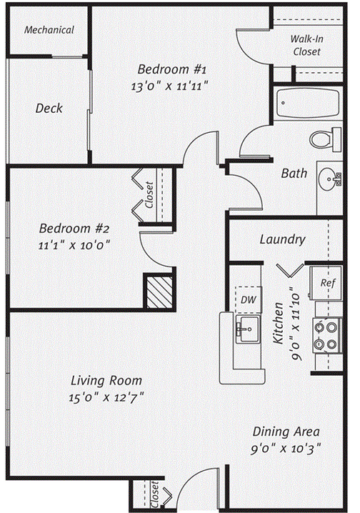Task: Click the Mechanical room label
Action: pos(49,30)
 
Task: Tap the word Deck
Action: pos(49,109)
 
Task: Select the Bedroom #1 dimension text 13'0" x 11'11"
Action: pos(170,86)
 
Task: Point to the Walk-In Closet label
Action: pos(306,45)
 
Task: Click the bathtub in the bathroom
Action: pos(308,103)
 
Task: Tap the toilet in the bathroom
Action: pos(325,139)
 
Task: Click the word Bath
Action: pos(294,173)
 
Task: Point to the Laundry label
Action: pos(283,239)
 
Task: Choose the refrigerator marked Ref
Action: pos(326,283)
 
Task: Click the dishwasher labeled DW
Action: pos(249,299)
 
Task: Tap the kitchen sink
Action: pos(248,329)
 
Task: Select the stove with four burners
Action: pos(327,335)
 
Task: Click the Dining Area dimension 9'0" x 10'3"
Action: pos(286,449)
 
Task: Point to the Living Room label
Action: pos(106,381)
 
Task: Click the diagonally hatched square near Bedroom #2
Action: pos(159,292)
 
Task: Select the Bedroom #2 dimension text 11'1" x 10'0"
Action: pos(74,245)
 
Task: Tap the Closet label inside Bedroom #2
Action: pos(149,195)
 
